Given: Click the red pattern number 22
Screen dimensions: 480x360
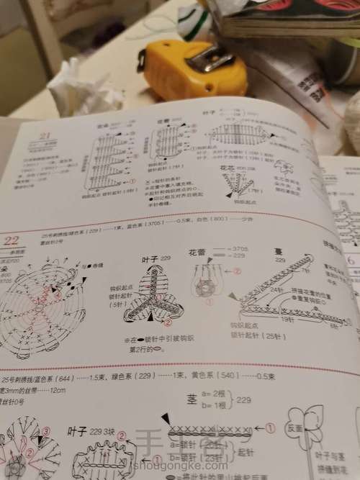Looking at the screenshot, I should [x=12, y=240].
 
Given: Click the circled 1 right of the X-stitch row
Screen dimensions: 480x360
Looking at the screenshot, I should [x=270, y=427].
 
